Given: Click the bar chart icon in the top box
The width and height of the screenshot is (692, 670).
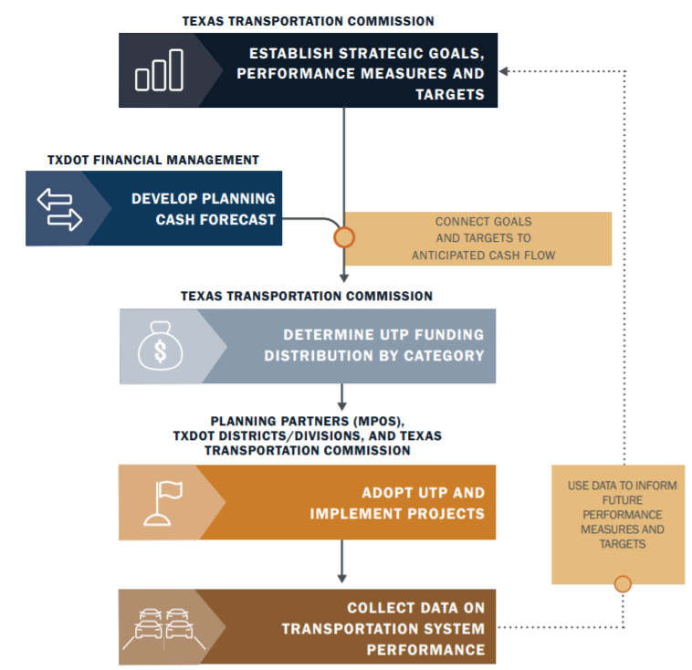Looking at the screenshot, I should point(159,70).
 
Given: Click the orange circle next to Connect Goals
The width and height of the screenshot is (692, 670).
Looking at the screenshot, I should point(343,237).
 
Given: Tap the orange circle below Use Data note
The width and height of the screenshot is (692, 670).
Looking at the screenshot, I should point(623,583).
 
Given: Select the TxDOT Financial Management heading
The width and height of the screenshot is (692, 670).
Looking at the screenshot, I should point(153,160).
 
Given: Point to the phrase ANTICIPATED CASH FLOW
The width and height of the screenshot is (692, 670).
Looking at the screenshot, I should point(483,255).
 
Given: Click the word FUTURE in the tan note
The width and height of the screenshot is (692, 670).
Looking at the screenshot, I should point(622,500).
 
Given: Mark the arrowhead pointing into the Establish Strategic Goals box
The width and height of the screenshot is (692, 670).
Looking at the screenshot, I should point(504,70).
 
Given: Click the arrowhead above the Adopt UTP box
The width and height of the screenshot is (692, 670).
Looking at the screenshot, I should point(342,404).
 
